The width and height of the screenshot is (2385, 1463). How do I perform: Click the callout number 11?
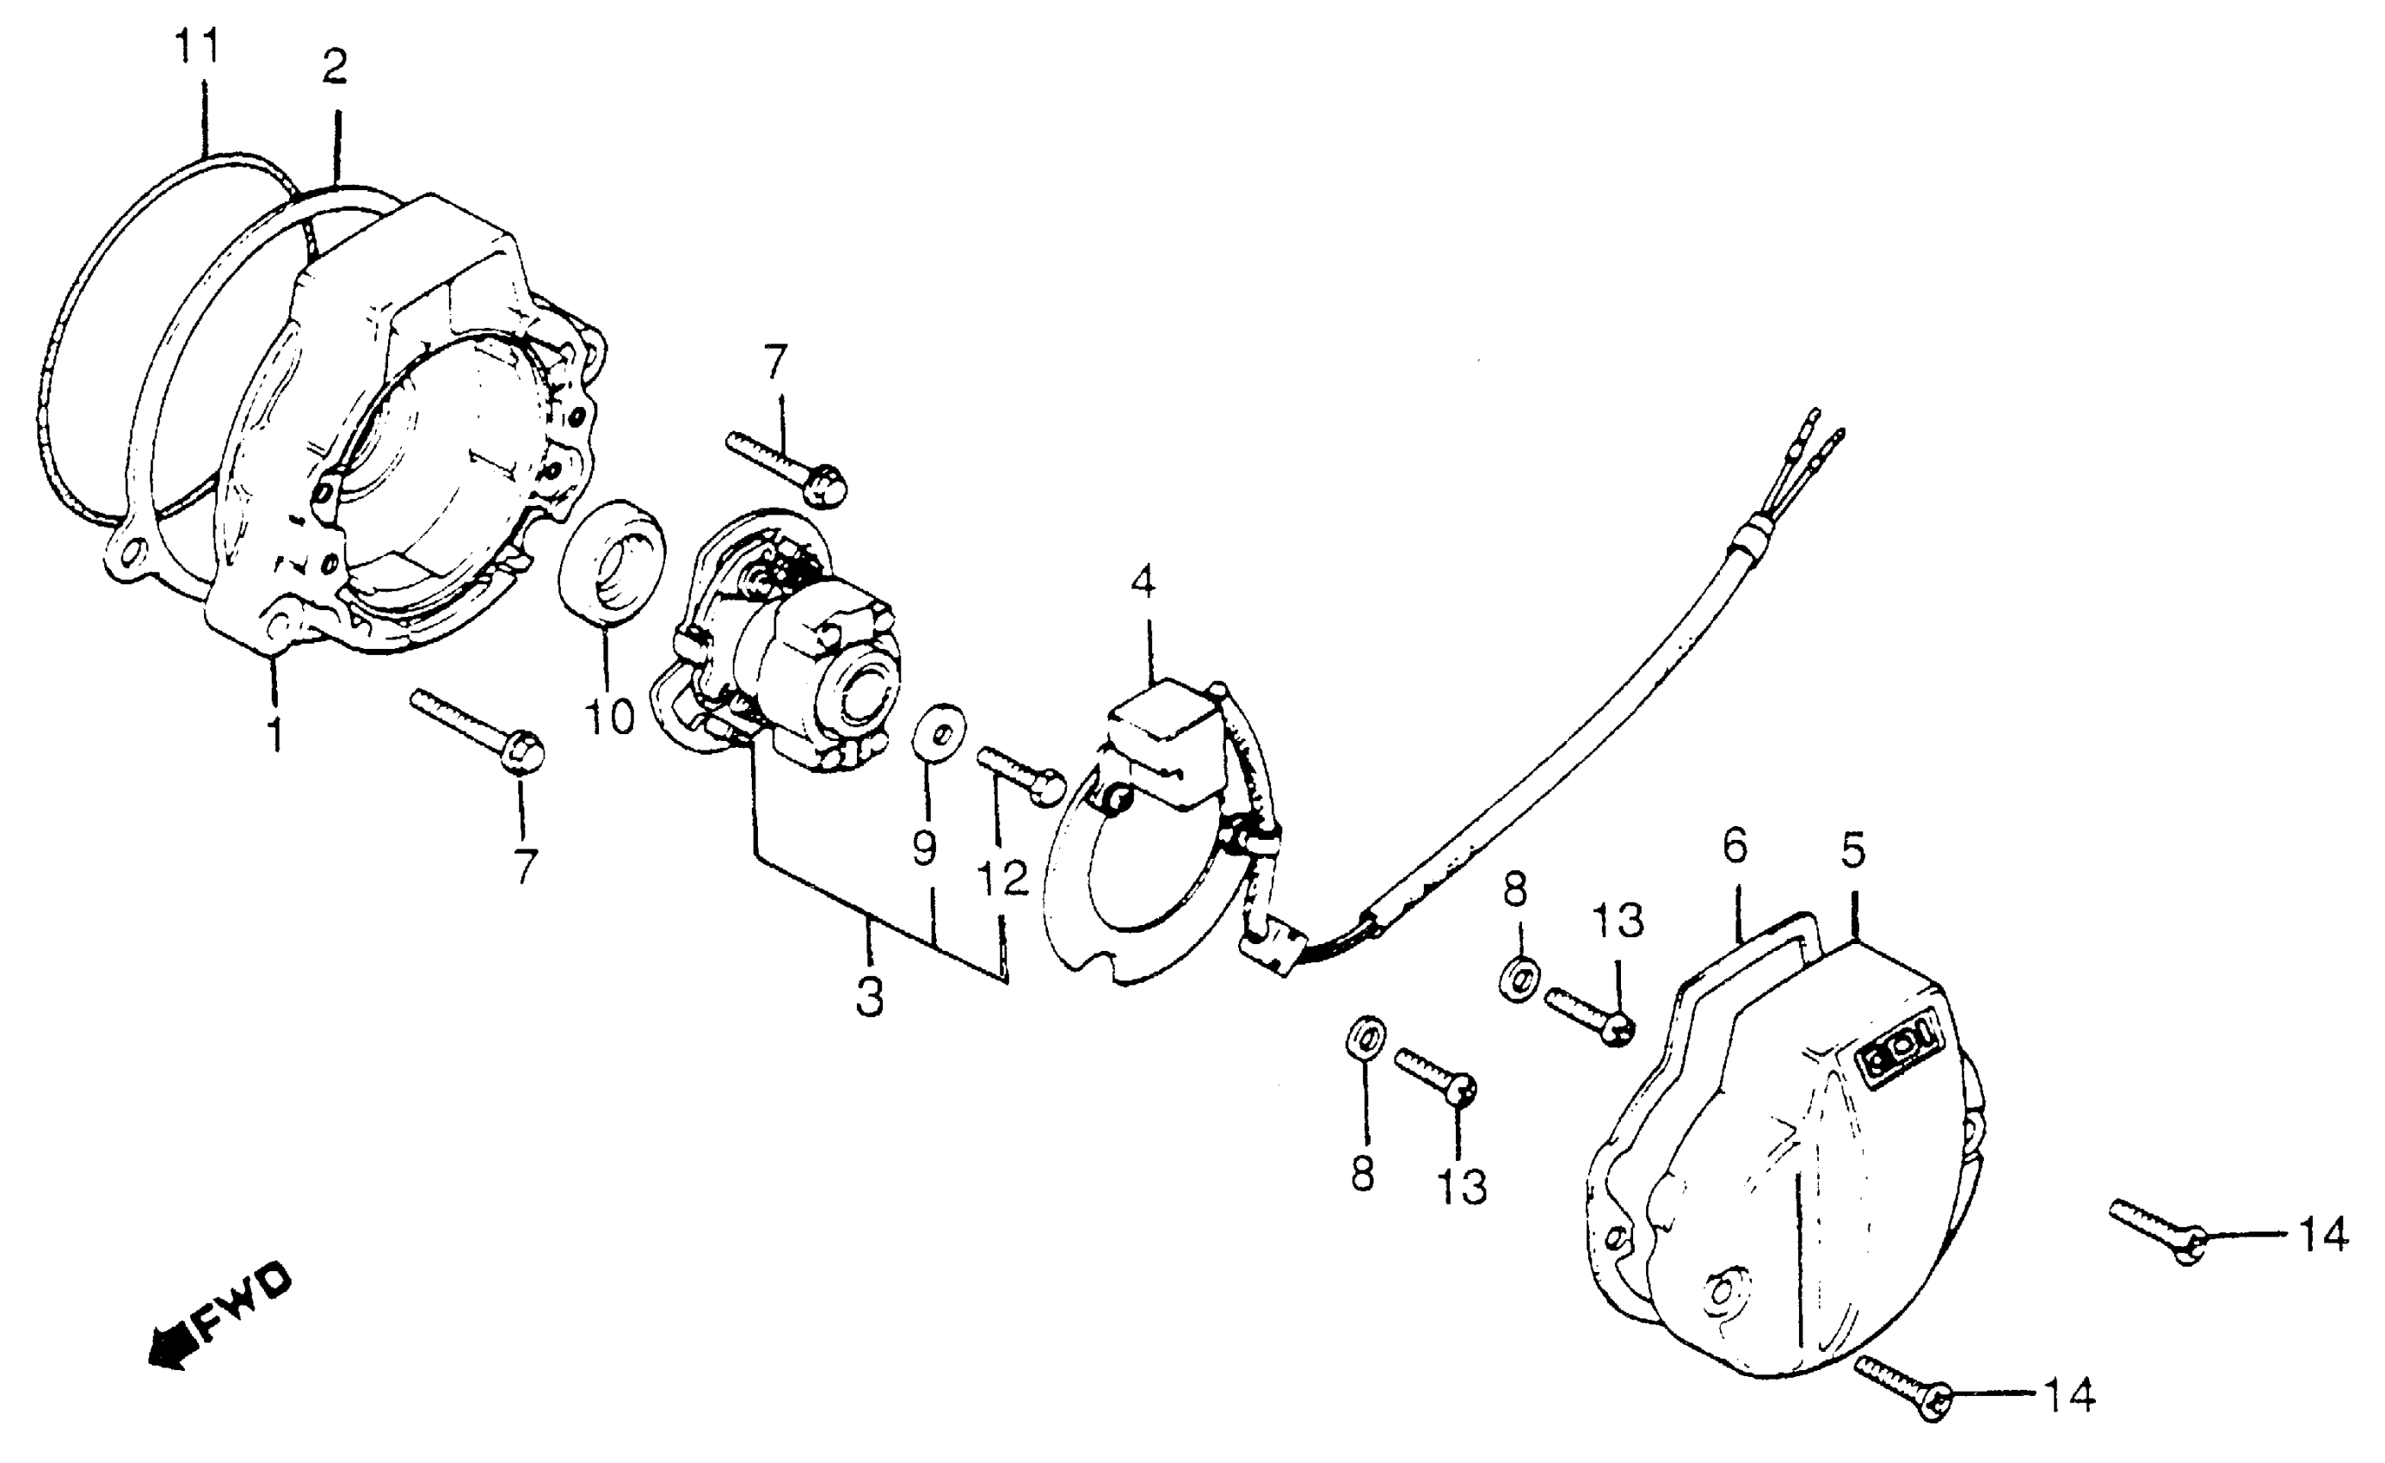pos(198,46)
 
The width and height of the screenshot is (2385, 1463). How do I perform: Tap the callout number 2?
pos(333,68)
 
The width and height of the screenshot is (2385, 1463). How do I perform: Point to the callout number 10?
pos(609,718)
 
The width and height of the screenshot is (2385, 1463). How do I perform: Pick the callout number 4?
pos(1143,582)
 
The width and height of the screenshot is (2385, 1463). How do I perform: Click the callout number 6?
pos(1735,847)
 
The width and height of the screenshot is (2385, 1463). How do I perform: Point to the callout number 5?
pos(1852,850)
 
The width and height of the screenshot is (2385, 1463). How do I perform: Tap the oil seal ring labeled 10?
pos(612,571)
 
